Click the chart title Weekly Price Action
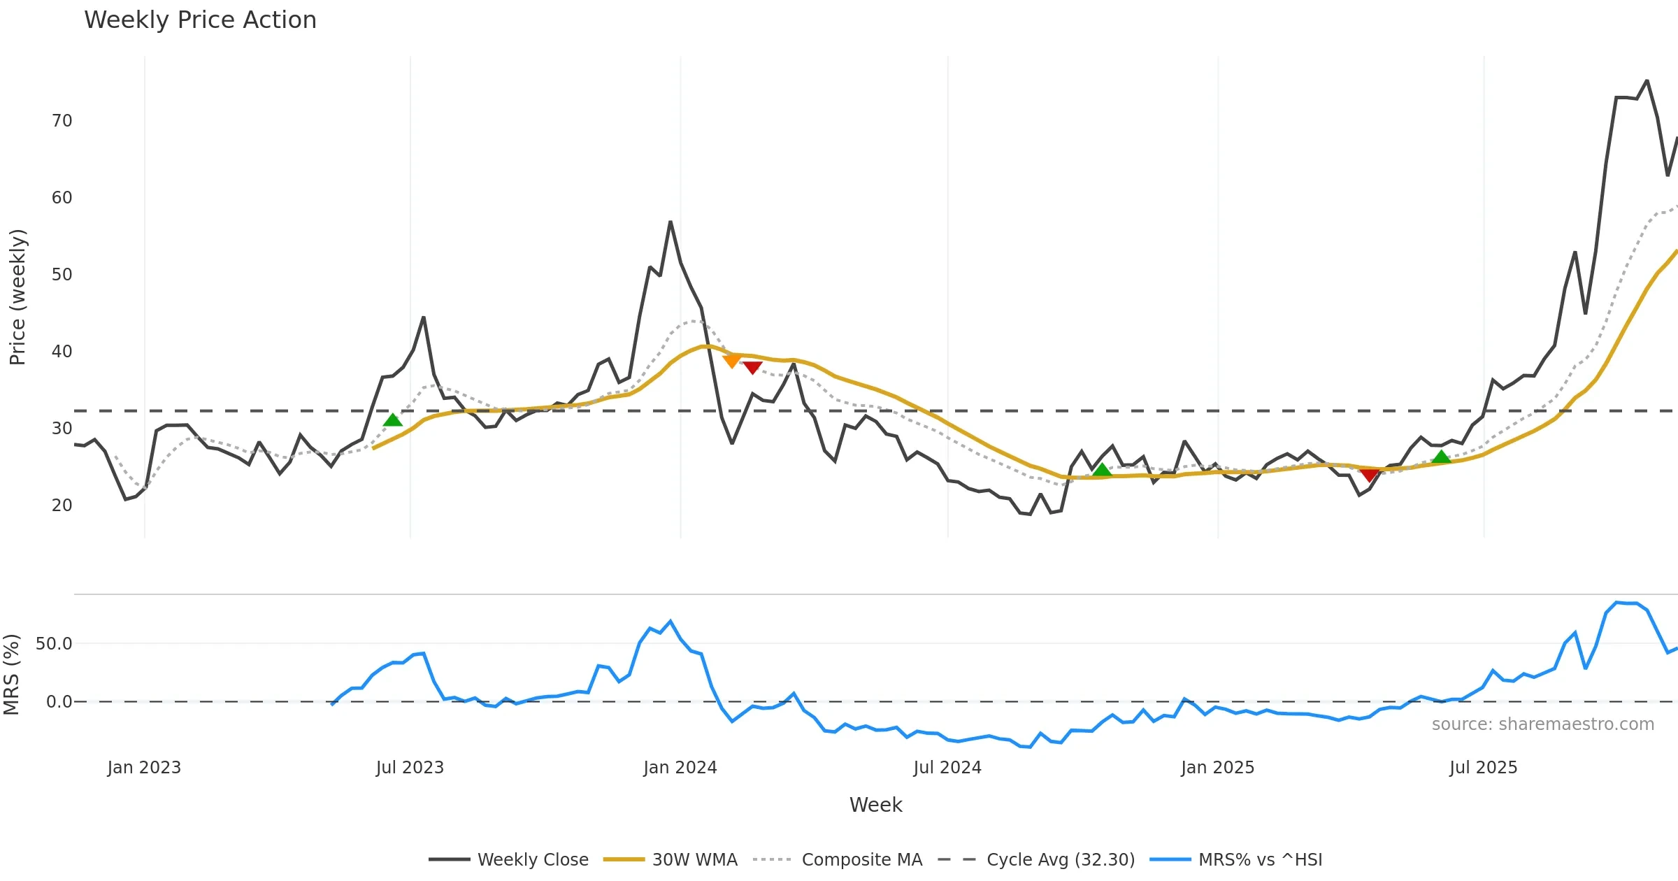pyautogui.click(x=200, y=20)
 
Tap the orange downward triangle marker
pyautogui.click(x=732, y=361)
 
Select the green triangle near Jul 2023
pyautogui.click(x=393, y=420)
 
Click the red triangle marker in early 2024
pyautogui.click(x=752, y=368)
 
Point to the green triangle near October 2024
pyautogui.click(x=1102, y=470)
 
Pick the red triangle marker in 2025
pyautogui.click(x=1370, y=475)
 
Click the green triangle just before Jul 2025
pyautogui.click(x=1441, y=457)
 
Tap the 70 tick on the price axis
pyautogui.click(x=62, y=121)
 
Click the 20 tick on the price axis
pyautogui.click(x=62, y=505)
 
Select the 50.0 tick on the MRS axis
pyautogui.click(x=54, y=643)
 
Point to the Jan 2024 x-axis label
pyautogui.click(x=680, y=768)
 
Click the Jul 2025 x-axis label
pyautogui.click(x=1483, y=768)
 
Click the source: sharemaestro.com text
pyautogui.click(x=1542, y=724)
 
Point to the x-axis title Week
pyautogui.click(x=875, y=805)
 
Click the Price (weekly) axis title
pyautogui.click(x=17, y=297)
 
